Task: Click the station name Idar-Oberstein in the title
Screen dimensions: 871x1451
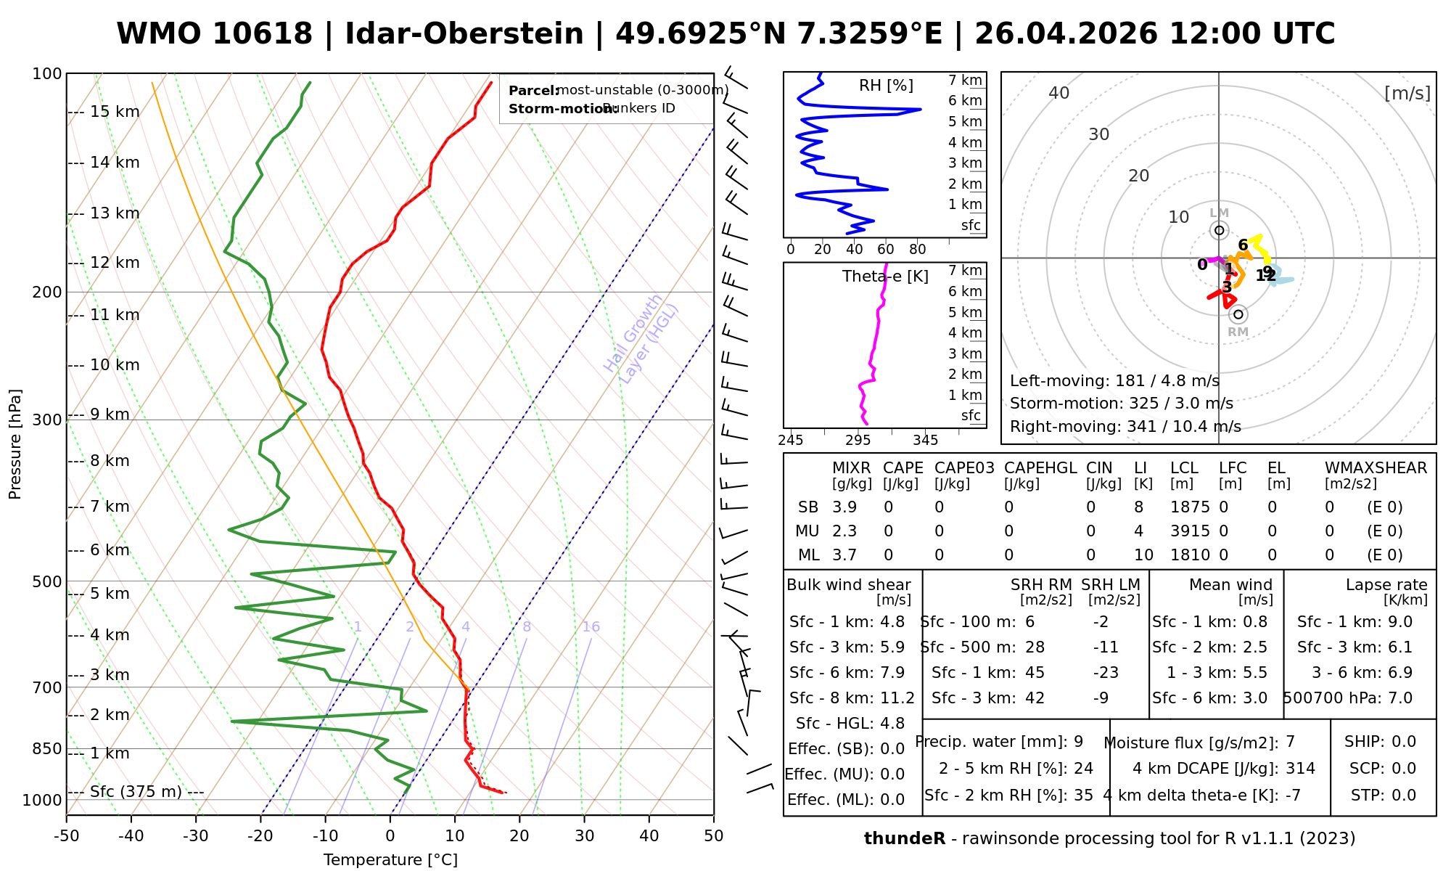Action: point(464,34)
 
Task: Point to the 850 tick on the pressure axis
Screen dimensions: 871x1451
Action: point(48,748)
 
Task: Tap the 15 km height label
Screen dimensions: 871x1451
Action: point(115,112)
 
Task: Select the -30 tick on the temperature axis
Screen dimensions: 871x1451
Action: point(196,836)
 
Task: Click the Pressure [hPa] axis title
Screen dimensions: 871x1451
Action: point(15,444)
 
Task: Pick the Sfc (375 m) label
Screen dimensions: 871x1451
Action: point(136,791)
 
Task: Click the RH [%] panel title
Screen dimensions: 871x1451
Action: point(886,86)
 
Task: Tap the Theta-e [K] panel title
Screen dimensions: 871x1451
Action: point(885,277)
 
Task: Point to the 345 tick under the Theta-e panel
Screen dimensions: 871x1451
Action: point(925,441)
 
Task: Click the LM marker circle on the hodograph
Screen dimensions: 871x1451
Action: point(1220,230)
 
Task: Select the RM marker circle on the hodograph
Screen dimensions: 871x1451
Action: point(1238,314)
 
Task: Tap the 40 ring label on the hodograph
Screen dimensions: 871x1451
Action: point(1059,93)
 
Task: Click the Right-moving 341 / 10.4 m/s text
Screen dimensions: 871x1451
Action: point(1125,427)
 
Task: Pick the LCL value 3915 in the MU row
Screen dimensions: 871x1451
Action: point(1190,531)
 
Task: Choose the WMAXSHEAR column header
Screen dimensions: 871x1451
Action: point(1376,468)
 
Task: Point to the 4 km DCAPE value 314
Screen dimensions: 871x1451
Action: point(1300,769)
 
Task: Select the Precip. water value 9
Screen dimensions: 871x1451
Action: point(1078,742)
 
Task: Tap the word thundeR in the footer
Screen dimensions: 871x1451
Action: point(904,839)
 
